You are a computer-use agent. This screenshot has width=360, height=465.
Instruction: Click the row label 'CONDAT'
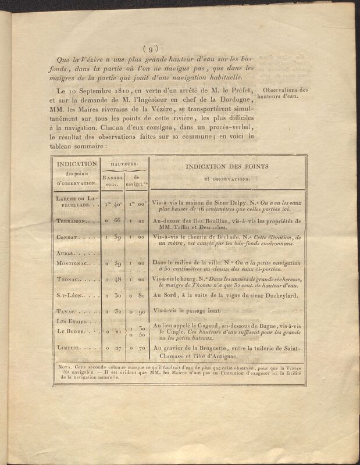click(x=68, y=239)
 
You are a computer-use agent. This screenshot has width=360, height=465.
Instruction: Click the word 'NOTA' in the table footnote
click(x=66, y=367)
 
